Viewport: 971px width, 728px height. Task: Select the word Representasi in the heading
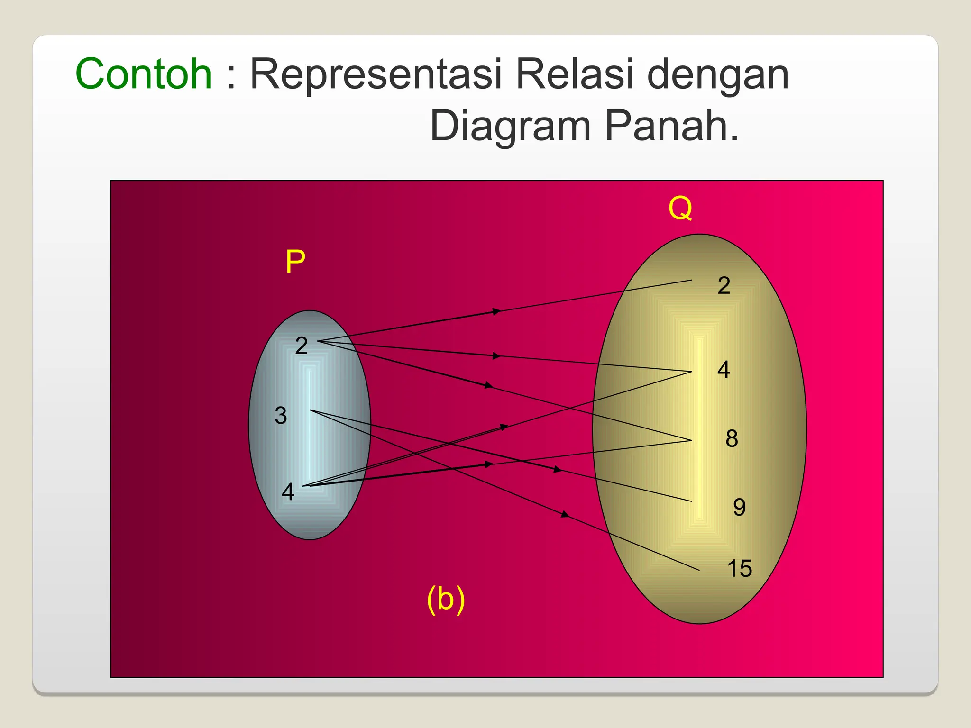point(376,74)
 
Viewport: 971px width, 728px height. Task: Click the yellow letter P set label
point(295,261)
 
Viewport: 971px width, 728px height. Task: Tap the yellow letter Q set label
point(680,208)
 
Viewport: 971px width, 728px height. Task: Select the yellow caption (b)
point(446,599)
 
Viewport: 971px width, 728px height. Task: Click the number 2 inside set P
point(302,346)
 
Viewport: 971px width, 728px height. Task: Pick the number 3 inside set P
point(281,416)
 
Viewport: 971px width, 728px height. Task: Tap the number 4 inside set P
point(288,491)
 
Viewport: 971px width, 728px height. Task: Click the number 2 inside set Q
point(724,285)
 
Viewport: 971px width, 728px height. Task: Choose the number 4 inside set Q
point(724,369)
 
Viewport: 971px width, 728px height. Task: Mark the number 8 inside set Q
point(732,438)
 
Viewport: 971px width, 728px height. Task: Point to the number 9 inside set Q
point(739,507)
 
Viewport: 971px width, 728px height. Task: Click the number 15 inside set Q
point(739,568)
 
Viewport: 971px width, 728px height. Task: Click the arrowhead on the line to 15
point(565,514)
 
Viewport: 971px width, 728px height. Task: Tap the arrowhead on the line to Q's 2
point(496,311)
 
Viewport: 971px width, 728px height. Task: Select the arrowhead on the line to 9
point(558,470)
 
